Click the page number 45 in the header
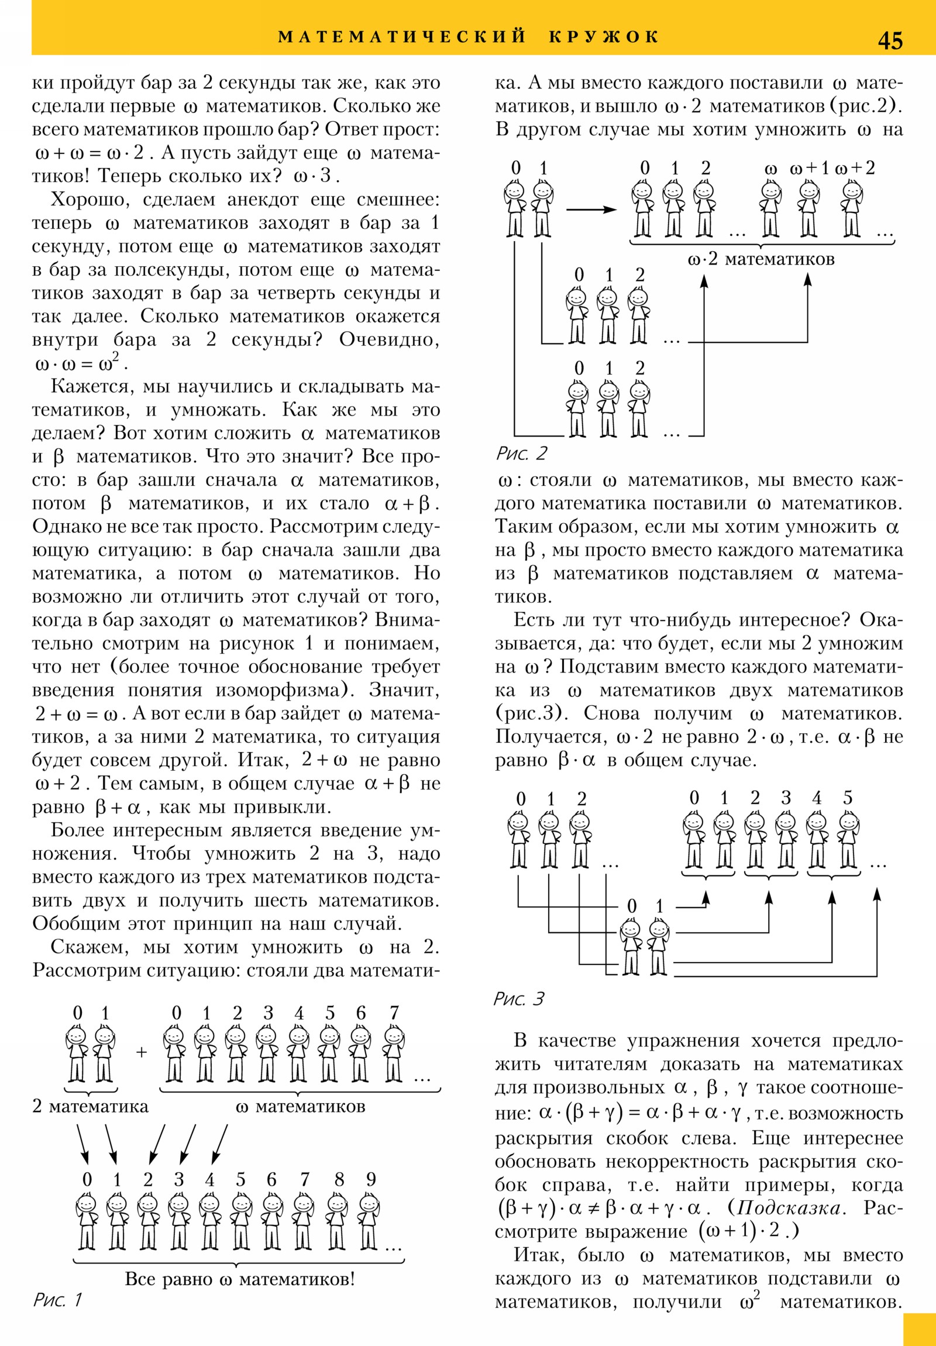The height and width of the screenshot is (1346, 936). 890,40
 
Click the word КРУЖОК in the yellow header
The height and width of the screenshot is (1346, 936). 604,37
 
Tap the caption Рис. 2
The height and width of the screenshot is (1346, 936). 521,453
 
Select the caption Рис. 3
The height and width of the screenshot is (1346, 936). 519,998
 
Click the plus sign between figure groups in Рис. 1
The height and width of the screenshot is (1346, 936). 141,1052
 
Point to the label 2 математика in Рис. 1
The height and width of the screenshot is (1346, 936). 90,1106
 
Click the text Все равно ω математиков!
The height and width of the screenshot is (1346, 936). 240,1279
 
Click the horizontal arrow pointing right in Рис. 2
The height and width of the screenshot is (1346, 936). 591,210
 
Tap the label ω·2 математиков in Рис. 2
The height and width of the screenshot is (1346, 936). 760,259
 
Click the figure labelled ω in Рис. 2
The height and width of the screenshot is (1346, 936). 770,208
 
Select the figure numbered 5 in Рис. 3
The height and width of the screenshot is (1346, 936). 848,839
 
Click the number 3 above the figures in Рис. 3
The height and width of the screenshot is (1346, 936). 786,798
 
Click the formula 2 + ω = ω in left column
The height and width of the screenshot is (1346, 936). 77,713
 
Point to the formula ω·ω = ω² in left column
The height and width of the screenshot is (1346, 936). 80,364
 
